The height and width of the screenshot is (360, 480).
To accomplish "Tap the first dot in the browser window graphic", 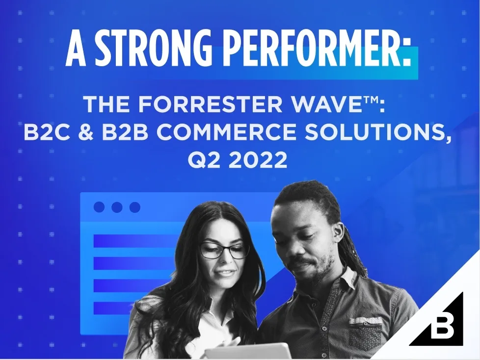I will (99, 207).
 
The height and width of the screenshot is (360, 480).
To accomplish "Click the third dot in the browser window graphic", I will (134, 207).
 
